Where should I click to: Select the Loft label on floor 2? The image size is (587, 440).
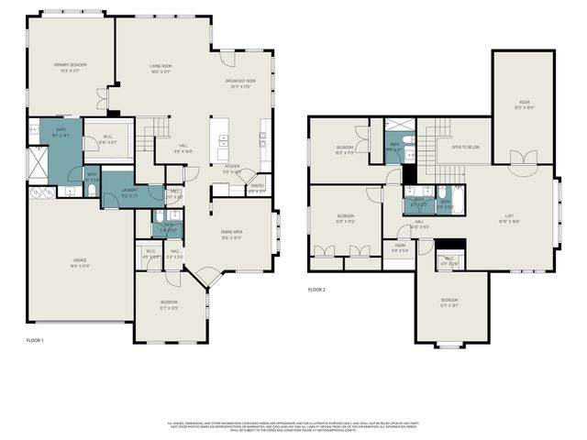tap(509, 218)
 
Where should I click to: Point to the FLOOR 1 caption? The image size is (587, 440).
tap(35, 339)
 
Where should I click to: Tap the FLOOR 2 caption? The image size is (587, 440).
tap(316, 290)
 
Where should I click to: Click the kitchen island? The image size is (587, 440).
tap(221, 143)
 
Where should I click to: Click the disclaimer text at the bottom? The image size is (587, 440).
tap(293, 427)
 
